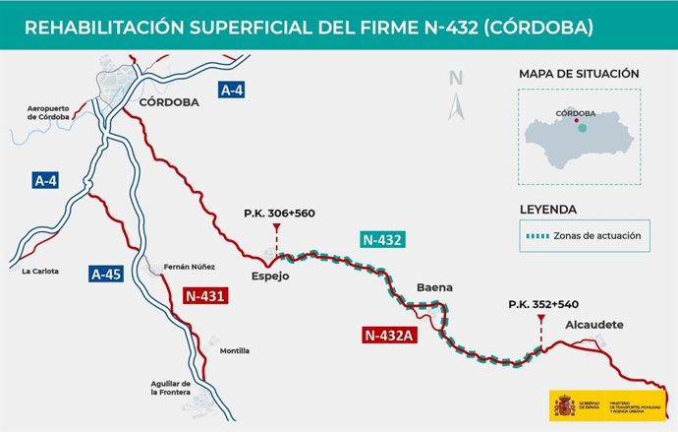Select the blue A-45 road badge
coord(105,275)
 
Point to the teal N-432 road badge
coord(382,239)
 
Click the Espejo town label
coord(270,278)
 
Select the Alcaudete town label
coord(594,325)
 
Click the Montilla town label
coord(235,351)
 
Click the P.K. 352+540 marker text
coord(541,304)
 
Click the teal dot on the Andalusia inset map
coord(583,128)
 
